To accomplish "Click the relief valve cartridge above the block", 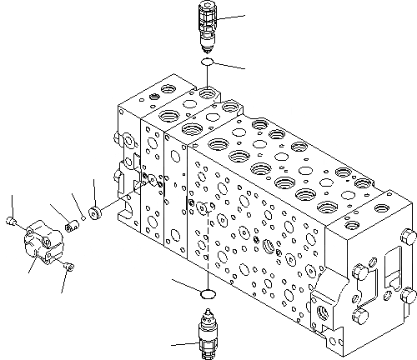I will pyautogui.click(x=207, y=26).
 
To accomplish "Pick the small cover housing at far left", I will pyautogui.click(x=38, y=237).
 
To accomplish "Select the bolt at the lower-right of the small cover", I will pyautogui.click(x=68, y=267).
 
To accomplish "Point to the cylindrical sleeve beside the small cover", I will pyautogui.click(x=73, y=224).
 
